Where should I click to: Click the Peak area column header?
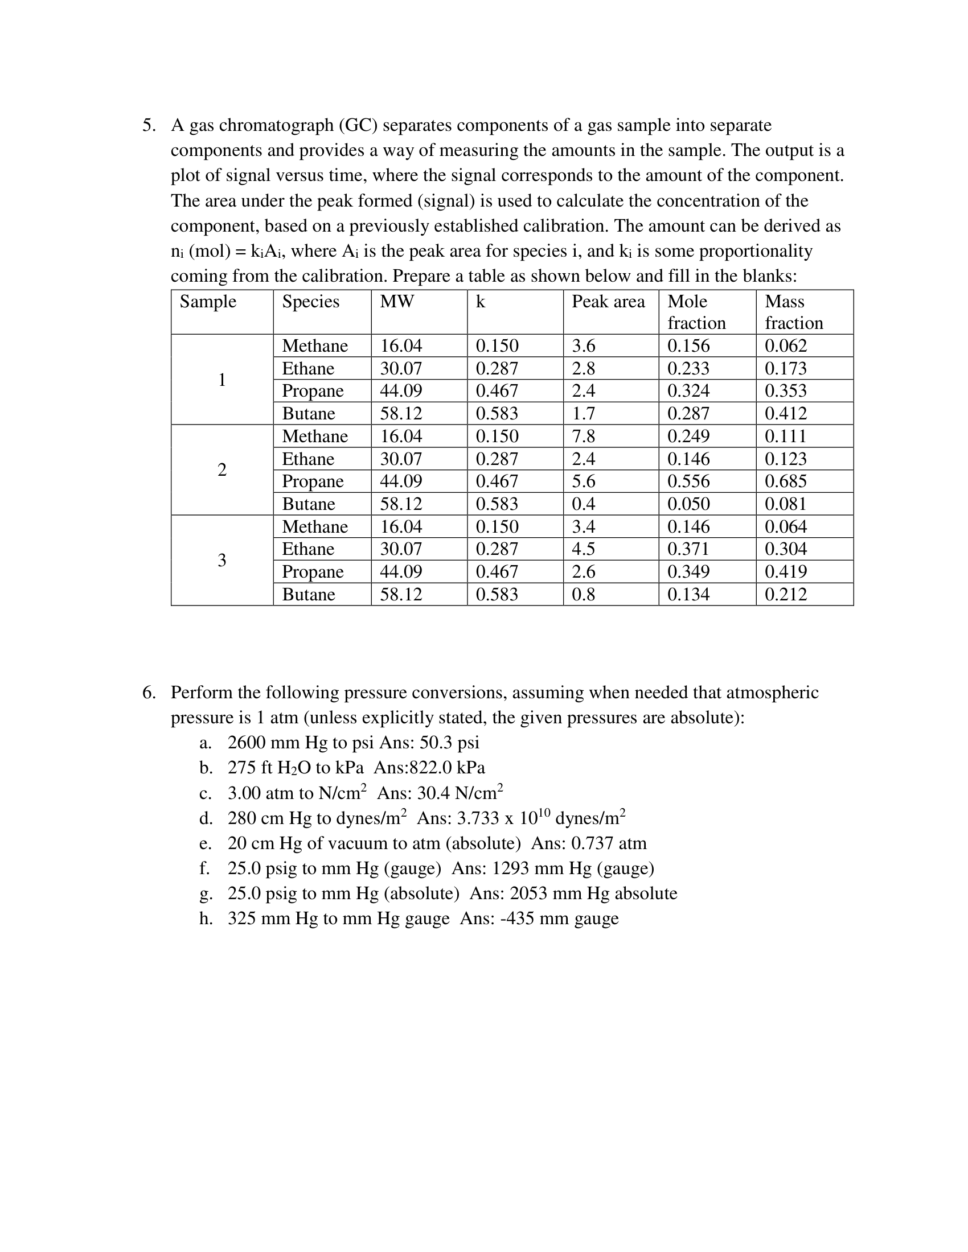tap(608, 302)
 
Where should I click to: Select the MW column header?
tap(396, 302)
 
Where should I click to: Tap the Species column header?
tap(310, 302)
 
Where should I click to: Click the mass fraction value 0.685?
tap(785, 481)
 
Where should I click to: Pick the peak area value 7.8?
tap(583, 436)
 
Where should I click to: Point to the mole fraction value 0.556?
tap(688, 481)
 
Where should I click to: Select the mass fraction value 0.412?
tap(785, 413)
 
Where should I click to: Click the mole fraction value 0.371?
tap(688, 549)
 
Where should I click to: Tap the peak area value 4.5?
tap(583, 549)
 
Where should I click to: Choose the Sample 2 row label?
tap(222, 470)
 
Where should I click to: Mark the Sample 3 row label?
tap(222, 560)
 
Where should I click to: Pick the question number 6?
tap(149, 693)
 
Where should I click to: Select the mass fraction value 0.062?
tap(785, 345)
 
